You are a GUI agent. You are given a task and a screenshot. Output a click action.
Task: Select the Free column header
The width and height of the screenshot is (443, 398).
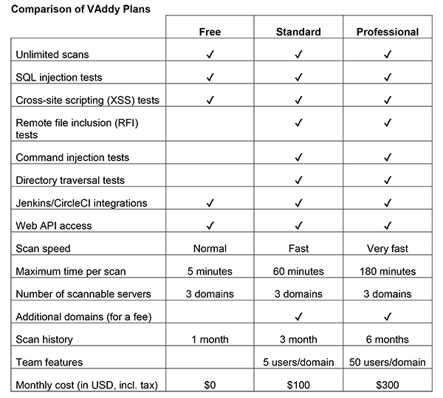coord(210,32)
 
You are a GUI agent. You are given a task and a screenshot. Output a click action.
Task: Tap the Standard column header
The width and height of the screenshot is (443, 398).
coord(298,32)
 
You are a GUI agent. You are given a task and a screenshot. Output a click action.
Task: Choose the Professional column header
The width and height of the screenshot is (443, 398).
coord(387,32)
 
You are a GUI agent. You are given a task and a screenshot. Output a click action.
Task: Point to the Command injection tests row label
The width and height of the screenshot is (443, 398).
coord(72,157)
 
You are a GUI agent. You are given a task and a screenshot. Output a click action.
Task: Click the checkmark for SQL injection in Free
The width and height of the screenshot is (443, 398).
coord(210,77)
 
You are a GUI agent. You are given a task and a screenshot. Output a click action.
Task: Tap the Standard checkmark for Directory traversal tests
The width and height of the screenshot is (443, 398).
coord(298,180)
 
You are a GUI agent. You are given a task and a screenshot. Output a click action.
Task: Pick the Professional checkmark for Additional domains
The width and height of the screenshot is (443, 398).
coord(387,316)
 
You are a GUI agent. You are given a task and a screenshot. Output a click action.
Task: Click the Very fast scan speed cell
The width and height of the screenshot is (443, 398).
coord(387,248)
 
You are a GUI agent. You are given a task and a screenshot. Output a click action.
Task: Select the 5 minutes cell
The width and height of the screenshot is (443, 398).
coord(210,271)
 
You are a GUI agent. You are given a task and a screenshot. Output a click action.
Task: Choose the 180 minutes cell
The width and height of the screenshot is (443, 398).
coord(387,271)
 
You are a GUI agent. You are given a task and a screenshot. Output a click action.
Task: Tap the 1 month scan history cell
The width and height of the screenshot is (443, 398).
coord(210,339)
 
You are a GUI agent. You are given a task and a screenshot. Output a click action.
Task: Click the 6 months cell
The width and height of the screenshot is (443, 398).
coord(387,339)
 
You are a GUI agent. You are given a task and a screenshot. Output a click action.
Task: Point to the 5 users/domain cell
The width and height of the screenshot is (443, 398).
coord(298,362)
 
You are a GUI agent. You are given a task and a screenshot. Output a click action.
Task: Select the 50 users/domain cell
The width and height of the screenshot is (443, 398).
coord(387,362)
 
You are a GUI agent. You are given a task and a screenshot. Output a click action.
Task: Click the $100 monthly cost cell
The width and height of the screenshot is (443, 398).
coord(298,384)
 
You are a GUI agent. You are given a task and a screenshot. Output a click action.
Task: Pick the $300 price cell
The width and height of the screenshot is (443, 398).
coord(387,384)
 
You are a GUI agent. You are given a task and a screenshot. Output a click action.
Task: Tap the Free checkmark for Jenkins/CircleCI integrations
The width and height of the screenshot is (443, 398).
coord(210,202)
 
